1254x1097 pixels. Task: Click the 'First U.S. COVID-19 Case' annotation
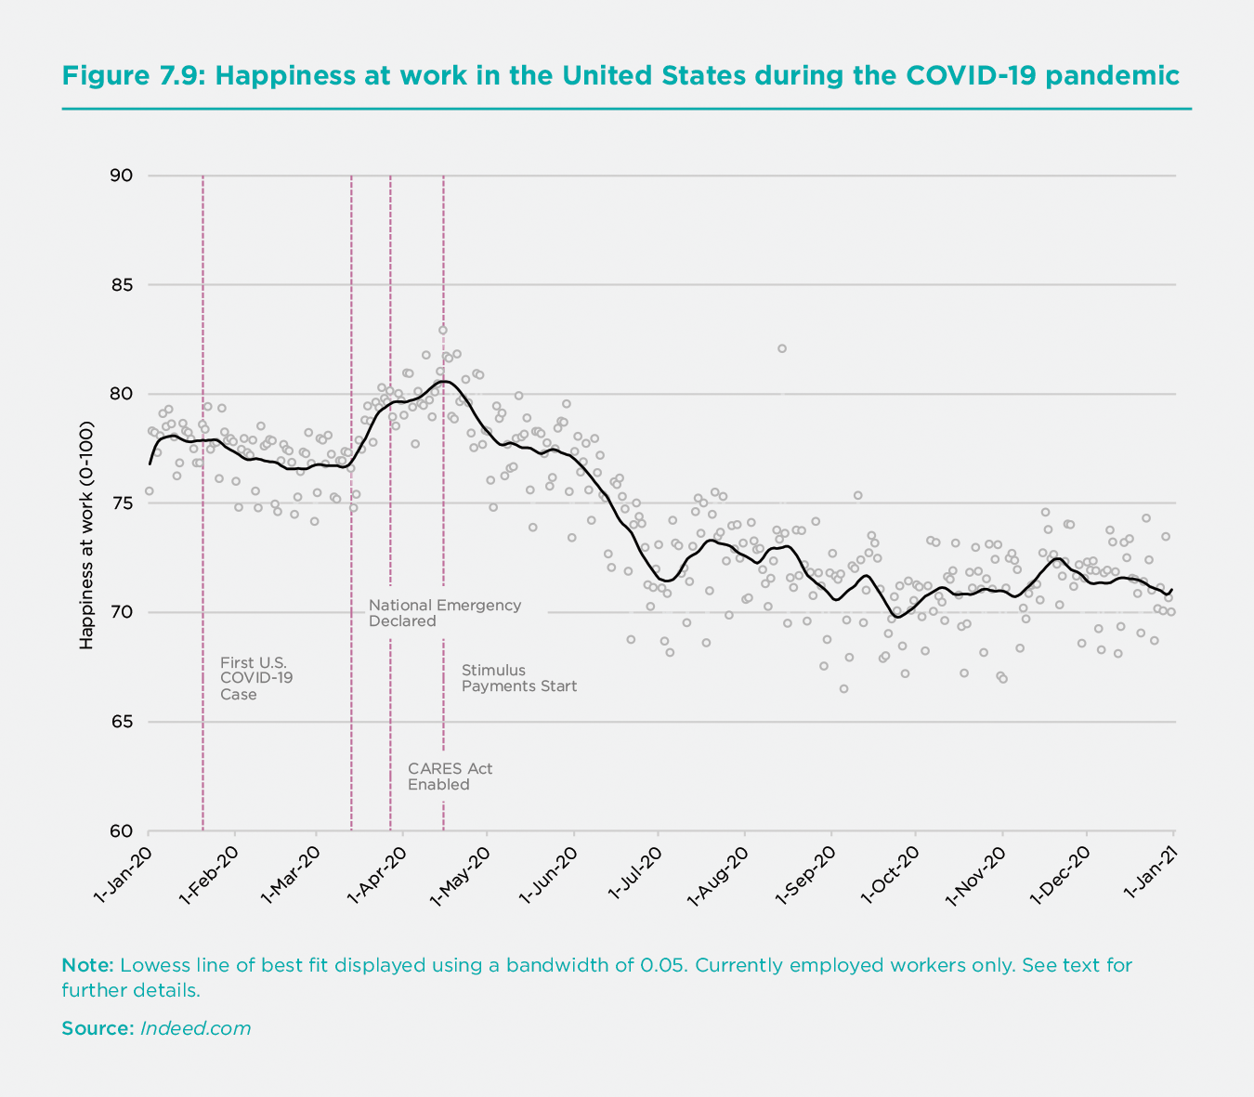point(255,678)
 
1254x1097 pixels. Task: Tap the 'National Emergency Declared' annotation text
point(444,613)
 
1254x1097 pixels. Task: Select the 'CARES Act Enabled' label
point(450,777)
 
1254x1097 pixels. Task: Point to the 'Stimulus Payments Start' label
point(518,678)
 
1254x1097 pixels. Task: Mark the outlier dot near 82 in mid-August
point(782,348)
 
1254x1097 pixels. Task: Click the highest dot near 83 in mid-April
point(443,330)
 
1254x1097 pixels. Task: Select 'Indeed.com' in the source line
point(196,1028)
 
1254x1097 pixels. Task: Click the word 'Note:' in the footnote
point(87,965)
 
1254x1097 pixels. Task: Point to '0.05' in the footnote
point(664,965)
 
